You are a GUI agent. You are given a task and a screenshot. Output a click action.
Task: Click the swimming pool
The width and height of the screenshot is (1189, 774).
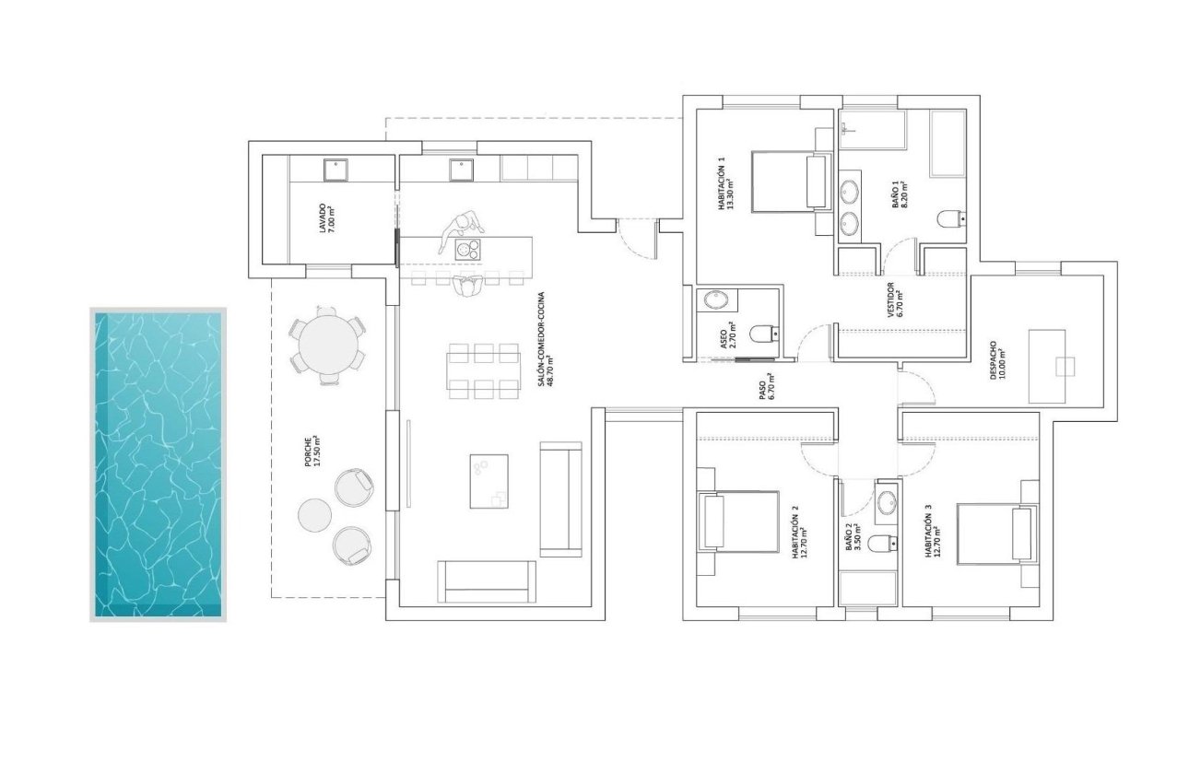point(159,464)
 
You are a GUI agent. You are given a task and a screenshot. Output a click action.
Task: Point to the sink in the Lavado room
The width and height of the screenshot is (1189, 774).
point(334,169)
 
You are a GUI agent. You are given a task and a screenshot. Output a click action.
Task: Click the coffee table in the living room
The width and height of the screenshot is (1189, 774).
point(489,480)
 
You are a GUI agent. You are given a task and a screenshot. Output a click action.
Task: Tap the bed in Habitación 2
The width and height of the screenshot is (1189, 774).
point(739,522)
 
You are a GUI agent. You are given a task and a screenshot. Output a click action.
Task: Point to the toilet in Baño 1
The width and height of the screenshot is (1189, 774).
point(949,219)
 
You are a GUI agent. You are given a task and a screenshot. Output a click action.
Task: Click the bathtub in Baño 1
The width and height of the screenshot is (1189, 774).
point(948,144)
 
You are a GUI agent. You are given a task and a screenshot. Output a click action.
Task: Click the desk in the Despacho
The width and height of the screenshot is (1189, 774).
point(1046,366)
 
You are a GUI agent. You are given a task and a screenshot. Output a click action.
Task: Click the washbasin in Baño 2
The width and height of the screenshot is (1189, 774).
point(887,503)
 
